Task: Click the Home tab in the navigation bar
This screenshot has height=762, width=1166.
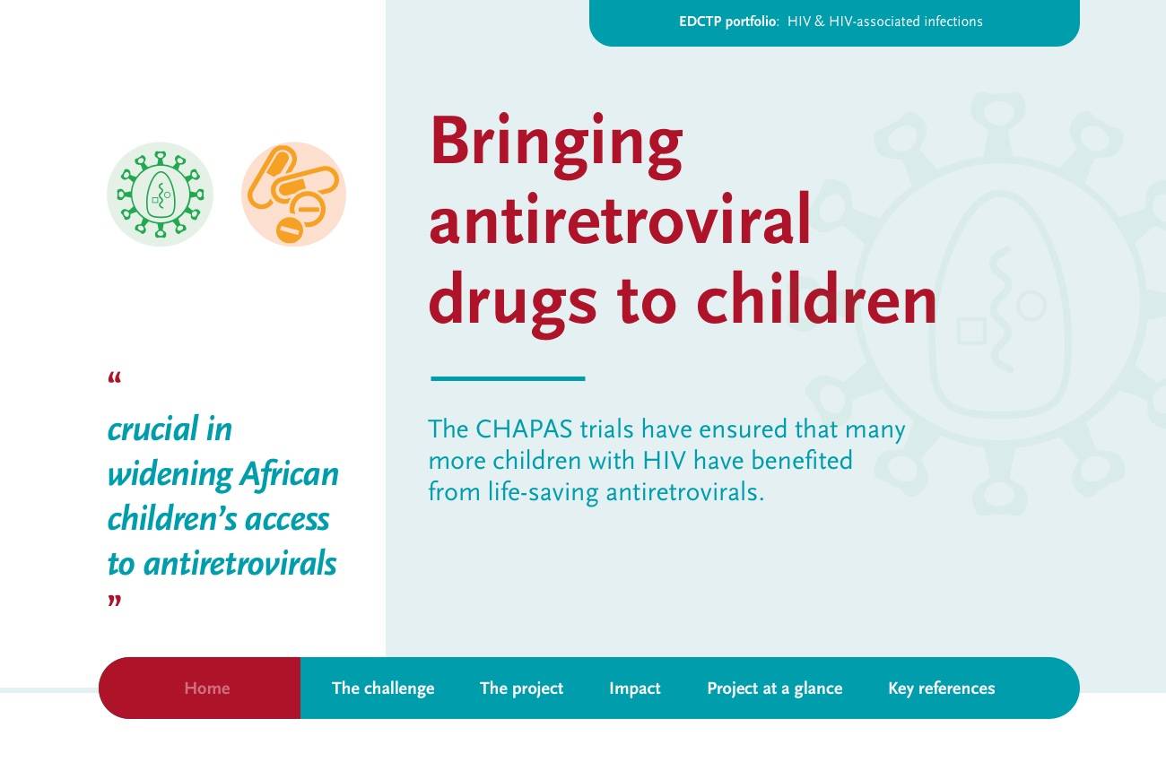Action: coord(206,688)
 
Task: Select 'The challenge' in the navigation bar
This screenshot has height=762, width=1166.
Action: coord(383,688)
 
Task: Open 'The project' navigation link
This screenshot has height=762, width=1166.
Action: coord(522,688)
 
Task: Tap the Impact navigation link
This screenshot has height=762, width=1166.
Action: coord(634,688)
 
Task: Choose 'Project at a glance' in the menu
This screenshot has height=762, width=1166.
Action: coord(775,688)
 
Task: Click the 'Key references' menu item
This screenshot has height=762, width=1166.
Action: coord(941,688)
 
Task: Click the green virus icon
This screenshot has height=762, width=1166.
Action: coord(160,194)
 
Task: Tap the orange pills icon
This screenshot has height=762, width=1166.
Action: coord(293,194)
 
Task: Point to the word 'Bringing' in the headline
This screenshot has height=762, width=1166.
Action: coord(556,145)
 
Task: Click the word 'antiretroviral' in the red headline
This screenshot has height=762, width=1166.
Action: coord(620,219)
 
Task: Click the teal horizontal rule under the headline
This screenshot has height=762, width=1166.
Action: coord(508,378)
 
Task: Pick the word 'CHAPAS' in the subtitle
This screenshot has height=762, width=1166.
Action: coord(524,429)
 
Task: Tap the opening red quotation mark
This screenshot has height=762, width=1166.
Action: coord(114,377)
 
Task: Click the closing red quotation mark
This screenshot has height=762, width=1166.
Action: coord(114,601)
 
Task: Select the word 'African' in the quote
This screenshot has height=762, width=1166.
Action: coord(289,474)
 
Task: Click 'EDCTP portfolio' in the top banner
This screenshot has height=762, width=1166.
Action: coord(728,22)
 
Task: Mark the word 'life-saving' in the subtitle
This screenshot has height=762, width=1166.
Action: coord(543,492)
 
